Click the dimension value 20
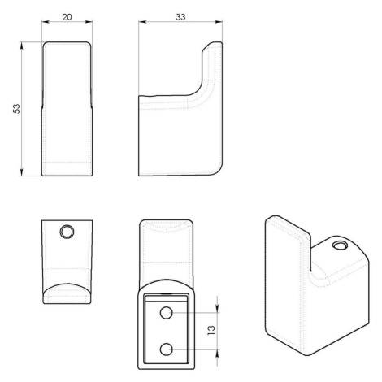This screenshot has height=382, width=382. (x=67, y=17)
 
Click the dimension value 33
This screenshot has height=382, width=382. (x=180, y=17)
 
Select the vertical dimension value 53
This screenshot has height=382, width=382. (x=17, y=109)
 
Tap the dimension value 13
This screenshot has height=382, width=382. (x=211, y=330)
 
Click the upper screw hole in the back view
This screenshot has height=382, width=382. (x=167, y=313)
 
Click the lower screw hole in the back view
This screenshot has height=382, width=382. (x=166, y=349)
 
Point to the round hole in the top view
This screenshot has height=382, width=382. (x=67, y=232)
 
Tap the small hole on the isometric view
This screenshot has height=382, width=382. (x=340, y=245)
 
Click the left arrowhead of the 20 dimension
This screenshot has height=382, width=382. (x=46, y=22)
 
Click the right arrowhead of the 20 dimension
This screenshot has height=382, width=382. (x=89, y=22)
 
